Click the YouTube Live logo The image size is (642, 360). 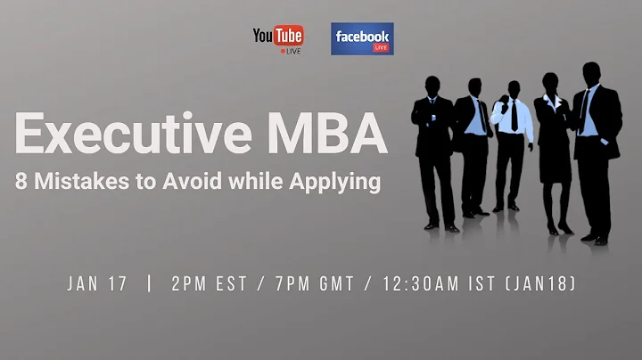(x=277, y=38)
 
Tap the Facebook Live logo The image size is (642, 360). (x=362, y=39)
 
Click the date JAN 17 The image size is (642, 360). (x=97, y=284)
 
